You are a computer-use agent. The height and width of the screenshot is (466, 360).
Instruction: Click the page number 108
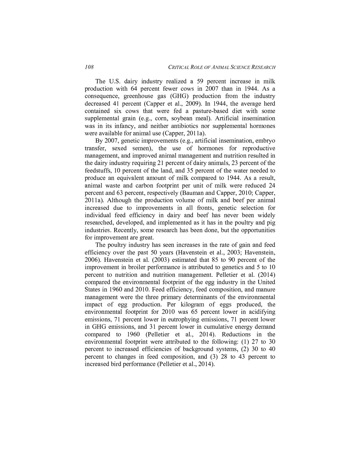89,67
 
